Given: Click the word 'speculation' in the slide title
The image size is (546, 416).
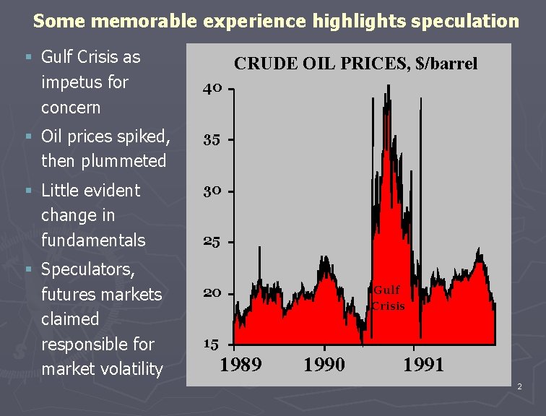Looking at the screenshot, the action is [465, 21].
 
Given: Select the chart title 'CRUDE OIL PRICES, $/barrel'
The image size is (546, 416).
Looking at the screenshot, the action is [355, 64].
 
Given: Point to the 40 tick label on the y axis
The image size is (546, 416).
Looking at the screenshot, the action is [212, 89].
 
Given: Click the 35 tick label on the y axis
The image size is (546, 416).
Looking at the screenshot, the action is [212, 140].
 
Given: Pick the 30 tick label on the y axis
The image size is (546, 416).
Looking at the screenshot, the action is [212, 191].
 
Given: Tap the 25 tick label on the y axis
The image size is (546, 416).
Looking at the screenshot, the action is [212, 242].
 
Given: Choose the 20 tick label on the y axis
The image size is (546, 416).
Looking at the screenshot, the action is [212, 293].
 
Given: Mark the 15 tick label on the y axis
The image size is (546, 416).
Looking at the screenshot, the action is [212, 344].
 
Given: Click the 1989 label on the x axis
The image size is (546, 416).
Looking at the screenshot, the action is [240, 365].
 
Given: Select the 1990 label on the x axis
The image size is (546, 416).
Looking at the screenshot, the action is [324, 365].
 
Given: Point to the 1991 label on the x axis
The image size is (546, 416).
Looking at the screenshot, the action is [423, 365].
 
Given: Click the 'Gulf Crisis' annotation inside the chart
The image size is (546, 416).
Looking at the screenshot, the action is [388, 298].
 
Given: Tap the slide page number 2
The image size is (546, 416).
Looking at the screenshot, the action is [519, 386].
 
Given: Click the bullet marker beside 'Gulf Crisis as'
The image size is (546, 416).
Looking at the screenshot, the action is [29, 56].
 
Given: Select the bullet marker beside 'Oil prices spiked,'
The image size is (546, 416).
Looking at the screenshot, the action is [29, 136].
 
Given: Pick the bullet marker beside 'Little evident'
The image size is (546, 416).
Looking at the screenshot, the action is [29, 190].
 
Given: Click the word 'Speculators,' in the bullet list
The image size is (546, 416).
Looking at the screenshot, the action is [88, 270].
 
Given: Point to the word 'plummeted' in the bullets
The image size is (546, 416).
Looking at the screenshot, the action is [123, 162].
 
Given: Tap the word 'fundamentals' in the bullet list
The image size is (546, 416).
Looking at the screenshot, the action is [93, 240].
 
